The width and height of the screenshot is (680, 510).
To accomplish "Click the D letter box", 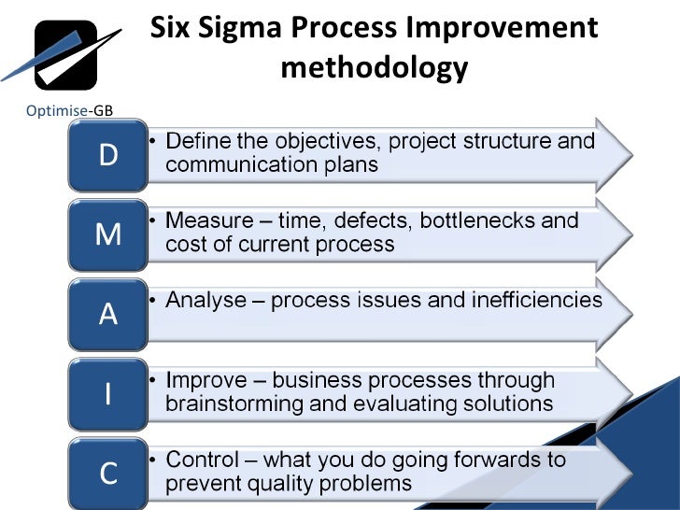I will [108, 155].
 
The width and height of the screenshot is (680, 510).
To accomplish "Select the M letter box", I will [108, 234].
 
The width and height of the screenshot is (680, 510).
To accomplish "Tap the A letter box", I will [108, 314].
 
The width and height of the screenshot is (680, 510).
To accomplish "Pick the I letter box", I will [108, 394].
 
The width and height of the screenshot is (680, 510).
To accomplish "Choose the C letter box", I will [108, 473].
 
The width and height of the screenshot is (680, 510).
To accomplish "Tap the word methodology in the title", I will [374, 67].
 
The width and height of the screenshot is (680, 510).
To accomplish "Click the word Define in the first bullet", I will [195, 142].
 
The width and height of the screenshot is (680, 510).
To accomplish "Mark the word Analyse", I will [207, 301].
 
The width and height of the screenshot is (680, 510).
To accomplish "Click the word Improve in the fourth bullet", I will [206, 381].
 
